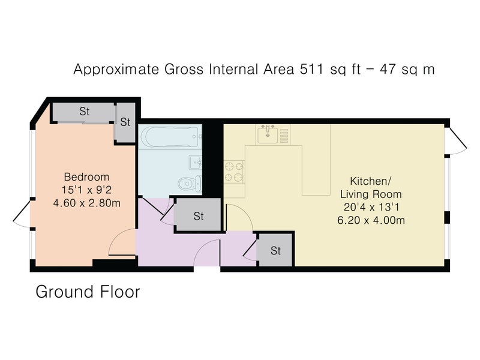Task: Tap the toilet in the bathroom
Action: [190, 184]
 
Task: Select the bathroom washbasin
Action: [196, 162]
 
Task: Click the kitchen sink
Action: [268, 134]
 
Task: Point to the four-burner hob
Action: [234, 172]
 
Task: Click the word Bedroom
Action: [86, 177]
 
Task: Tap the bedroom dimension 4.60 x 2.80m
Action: [86, 203]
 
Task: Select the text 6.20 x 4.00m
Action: [371, 220]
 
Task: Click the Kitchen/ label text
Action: [370, 181]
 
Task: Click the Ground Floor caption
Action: [88, 292]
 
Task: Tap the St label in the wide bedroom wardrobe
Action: [85, 112]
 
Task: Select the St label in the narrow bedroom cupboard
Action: [125, 122]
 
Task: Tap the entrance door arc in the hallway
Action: [203, 248]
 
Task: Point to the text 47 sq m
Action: [407, 70]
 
